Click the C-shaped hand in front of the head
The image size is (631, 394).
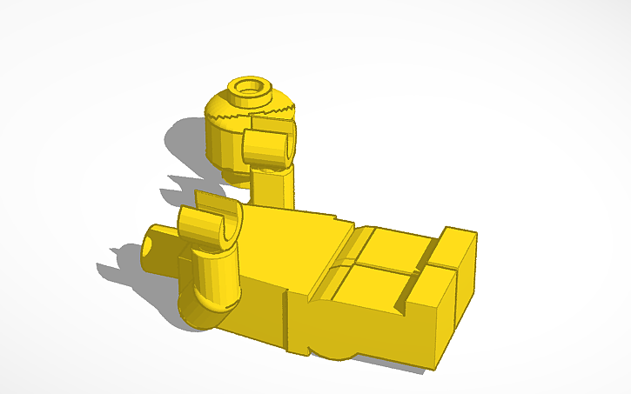click(x=267, y=148)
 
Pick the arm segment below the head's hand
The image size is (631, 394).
click(x=275, y=186)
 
